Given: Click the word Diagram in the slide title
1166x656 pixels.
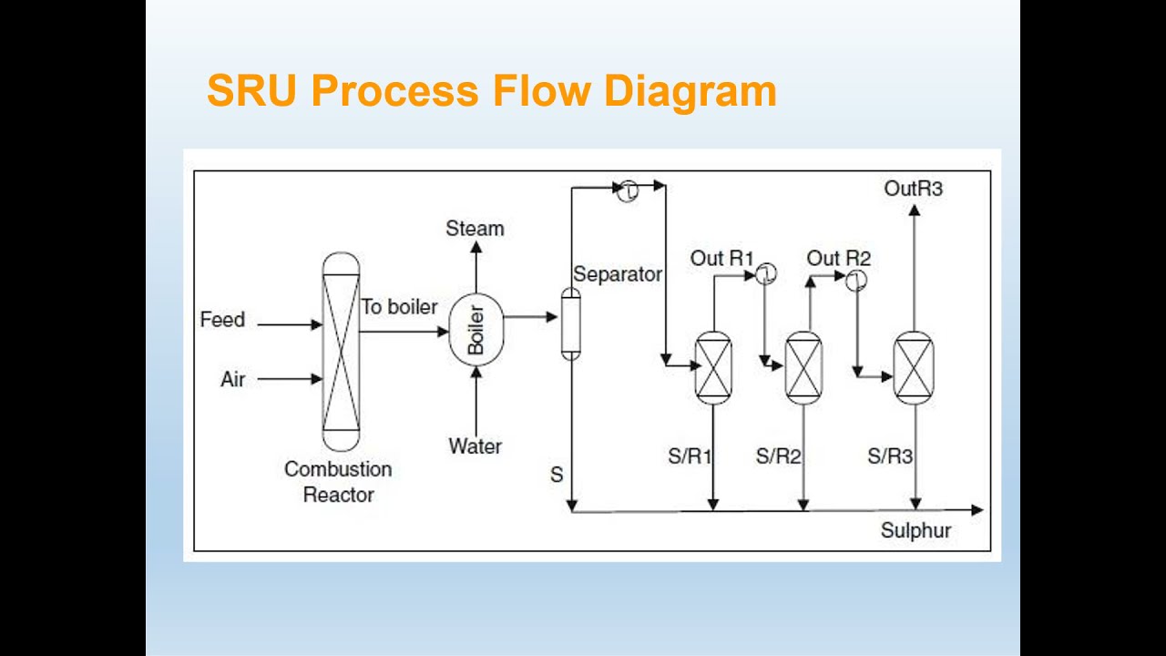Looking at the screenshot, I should [690, 92].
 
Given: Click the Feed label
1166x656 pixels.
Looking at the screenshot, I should [222, 320].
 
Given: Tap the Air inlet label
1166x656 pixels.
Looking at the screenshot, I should [232, 379].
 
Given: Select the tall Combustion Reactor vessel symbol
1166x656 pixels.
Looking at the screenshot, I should [341, 350].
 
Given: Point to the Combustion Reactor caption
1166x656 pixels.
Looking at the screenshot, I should [338, 482].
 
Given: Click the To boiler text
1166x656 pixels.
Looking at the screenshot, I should [399, 307].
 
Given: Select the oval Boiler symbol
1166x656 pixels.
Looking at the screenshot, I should [476, 329].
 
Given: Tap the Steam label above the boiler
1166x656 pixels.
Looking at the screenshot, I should [475, 228].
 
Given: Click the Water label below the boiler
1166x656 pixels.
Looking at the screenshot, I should [475, 446].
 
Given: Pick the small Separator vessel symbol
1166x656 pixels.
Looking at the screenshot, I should [570, 323].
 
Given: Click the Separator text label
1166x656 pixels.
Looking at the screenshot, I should [618, 274].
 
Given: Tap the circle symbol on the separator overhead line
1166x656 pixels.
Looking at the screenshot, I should [629, 190].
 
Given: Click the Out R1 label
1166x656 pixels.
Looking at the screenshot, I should [721, 259].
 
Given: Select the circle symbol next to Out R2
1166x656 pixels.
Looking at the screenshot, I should [856, 280].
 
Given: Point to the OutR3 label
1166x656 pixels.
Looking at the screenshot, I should [913, 189].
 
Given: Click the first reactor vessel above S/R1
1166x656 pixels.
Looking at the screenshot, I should [713, 367].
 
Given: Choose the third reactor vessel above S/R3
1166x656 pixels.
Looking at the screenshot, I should [914, 367].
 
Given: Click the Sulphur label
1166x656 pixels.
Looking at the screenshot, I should [915, 530].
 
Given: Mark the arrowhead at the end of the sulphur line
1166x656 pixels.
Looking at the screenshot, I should [977, 510].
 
